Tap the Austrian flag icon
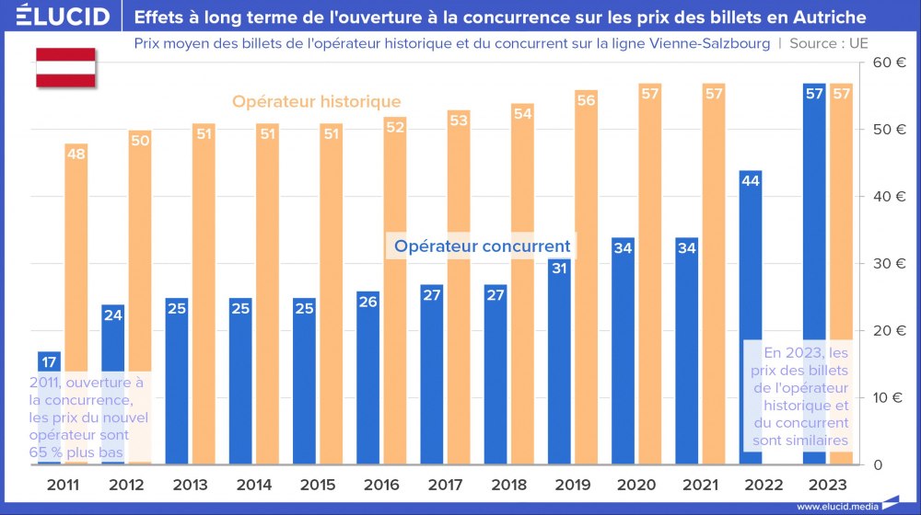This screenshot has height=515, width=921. click(x=65, y=67)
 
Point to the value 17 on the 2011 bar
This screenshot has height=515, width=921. click(x=49, y=362)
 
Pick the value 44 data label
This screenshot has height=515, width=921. click(x=750, y=181)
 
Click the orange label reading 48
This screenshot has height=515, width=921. click(x=76, y=154)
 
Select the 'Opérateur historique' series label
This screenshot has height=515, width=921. click(x=316, y=101)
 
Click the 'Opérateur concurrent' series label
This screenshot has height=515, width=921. click(x=482, y=246)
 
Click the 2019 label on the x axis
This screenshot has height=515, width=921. click(x=573, y=485)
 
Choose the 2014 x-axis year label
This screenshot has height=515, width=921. click(x=253, y=485)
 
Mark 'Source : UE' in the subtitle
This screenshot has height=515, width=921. click(x=828, y=43)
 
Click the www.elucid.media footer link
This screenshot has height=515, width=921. click(x=835, y=506)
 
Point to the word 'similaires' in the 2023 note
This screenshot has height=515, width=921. click(x=810, y=441)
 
